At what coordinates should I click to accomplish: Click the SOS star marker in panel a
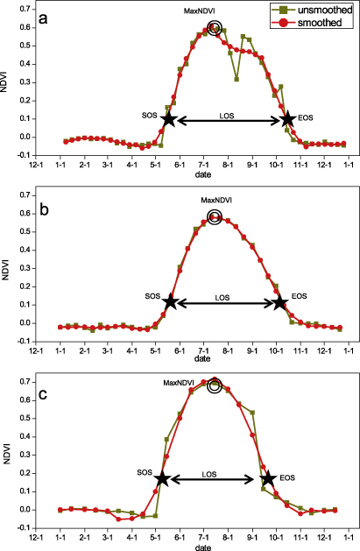tap(168, 119)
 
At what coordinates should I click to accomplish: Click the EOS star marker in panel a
tap(288, 119)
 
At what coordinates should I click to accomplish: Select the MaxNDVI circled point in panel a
tap(215, 28)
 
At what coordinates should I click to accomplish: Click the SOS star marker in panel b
tap(171, 301)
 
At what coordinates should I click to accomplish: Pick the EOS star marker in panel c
tap(268, 479)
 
